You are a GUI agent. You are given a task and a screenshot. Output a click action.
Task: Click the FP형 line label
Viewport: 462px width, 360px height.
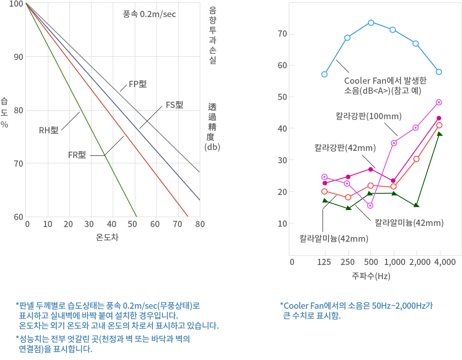(x=137, y=84)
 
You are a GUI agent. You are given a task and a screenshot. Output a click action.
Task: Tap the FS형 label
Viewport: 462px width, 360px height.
(x=174, y=105)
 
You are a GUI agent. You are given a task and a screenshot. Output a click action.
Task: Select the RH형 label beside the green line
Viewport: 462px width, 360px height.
(x=49, y=131)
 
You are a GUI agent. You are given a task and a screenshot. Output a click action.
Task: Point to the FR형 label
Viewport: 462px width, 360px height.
(x=77, y=155)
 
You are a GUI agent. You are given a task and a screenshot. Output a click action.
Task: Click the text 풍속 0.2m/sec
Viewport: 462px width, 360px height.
(x=149, y=14)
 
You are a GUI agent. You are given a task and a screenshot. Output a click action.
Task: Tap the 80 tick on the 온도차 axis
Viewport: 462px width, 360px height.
(x=200, y=225)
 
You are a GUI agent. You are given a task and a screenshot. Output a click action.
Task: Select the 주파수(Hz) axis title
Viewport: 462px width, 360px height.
(x=371, y=276)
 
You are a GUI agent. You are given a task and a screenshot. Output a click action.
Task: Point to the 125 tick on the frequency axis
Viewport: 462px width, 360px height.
(x=324, y=262)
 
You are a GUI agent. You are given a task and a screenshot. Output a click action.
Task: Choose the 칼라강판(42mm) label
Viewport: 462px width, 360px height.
(x=345, y=147)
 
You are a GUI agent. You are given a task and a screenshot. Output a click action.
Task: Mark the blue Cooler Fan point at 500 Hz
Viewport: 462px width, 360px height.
(x=371, y=22)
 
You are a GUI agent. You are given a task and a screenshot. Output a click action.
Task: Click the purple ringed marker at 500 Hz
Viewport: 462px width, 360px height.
(x=370, y=205)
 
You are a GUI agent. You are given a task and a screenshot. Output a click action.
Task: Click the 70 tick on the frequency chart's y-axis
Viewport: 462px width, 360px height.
(x=282, y=34)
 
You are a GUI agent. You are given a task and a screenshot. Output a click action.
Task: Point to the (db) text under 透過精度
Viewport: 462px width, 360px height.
(x=212, y=147)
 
